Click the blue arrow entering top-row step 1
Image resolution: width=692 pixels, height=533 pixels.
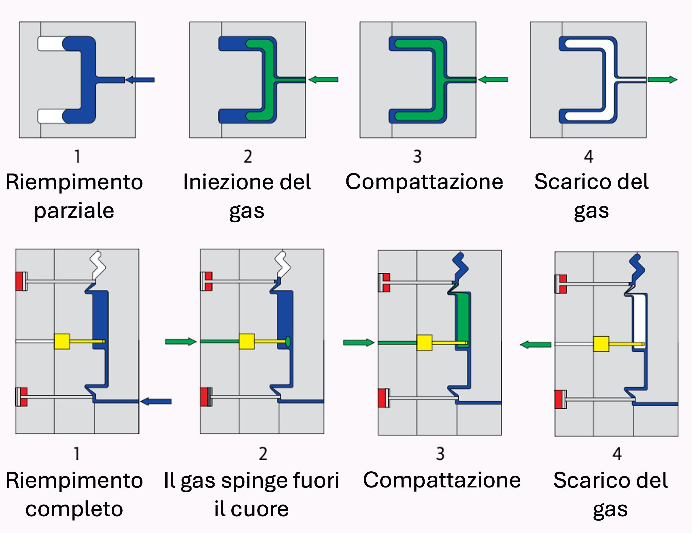pos(140,80)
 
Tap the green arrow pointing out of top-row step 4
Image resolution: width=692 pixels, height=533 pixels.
pos(662,80)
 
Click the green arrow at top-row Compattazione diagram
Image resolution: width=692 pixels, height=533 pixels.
pos(493,80)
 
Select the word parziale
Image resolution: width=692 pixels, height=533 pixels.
pos(74,211)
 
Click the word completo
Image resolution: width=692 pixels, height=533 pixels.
pos(74,509)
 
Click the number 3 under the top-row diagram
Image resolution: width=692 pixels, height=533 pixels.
pos(417,157)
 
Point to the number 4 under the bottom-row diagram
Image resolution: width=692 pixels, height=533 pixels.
pos(617,454)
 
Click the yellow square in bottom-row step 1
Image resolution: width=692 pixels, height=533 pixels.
pos(62,341)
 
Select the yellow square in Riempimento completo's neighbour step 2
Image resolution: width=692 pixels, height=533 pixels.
pos(247,341)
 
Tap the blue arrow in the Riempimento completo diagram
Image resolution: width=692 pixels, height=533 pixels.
pos(156,402)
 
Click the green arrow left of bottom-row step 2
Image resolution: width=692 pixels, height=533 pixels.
pos(181,341)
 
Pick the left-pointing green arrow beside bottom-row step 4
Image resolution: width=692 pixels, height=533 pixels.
pos(535,344)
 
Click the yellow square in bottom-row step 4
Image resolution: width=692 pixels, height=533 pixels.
pos(601,344)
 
